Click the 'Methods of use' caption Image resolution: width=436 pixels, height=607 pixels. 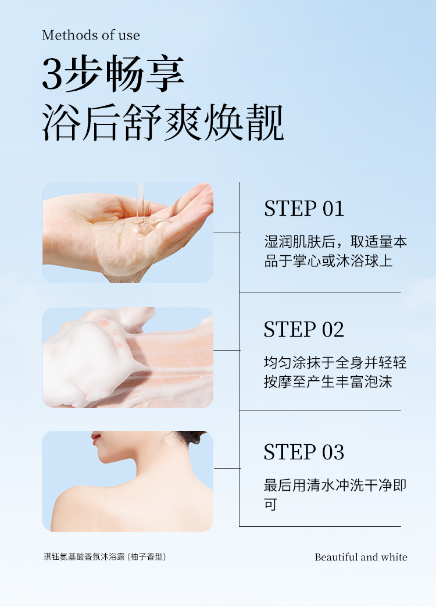(91, 35)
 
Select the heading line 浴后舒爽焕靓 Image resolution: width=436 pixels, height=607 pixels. (163, 123)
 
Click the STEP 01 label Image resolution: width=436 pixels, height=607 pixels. (304, 209)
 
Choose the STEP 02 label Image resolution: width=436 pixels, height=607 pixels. (304, 330)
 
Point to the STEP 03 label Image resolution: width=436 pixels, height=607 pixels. (304, 452)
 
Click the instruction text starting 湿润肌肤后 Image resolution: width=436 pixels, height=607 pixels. (335, 251)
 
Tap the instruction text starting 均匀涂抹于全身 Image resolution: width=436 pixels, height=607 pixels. (335, 372)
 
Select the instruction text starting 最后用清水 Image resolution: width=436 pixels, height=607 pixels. (335, 494)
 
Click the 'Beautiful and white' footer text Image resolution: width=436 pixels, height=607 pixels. (361, 557)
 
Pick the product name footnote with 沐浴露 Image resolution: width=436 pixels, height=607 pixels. (105, 556)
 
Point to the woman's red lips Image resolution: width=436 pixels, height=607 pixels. (96, 438)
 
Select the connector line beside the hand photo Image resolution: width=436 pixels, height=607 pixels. (227, 233)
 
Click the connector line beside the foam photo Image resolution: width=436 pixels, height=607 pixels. (227, 351)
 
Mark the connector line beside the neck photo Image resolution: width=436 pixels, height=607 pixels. (227, 468)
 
